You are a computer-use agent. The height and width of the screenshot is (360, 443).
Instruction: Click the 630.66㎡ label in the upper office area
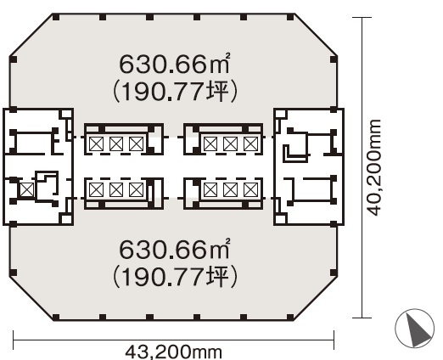[174, 64]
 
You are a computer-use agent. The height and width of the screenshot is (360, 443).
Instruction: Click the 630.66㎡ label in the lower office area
[174, 249]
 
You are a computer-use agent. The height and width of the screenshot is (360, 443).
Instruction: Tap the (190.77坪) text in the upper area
[175, 92]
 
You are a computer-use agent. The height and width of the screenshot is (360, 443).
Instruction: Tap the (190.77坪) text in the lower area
[175, 277]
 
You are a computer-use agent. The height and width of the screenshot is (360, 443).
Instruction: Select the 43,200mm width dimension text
[173, 352]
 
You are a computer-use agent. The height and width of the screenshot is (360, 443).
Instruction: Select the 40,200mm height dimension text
[373, 167]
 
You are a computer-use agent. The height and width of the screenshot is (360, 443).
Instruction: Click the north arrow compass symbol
[415, 329]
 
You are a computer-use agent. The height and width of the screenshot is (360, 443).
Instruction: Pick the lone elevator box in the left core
[27, 189]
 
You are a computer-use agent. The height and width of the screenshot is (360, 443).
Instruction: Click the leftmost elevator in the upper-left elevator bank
[96, 143]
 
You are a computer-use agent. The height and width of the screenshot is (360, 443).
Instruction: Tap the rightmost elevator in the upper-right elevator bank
[250, 143]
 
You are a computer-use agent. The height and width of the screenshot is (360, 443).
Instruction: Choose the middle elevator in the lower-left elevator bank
[116, 189]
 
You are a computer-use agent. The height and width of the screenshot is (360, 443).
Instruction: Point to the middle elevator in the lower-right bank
[230, 189]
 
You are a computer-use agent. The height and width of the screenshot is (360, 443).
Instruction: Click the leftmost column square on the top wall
[56, 17]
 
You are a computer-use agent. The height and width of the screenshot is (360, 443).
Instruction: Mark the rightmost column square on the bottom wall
[290, 318]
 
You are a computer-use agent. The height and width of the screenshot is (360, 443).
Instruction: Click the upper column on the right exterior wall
[334, 59]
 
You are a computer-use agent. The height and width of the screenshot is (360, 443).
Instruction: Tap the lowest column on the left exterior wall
[13, 273]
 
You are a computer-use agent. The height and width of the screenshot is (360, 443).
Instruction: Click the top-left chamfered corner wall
[31, 35]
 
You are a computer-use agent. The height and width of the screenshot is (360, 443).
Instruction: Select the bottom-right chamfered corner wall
[316, 299]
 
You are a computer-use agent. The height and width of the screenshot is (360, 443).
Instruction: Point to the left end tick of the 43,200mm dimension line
[14, 340]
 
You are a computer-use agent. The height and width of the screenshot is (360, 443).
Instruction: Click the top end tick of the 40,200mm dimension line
[362, 18]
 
